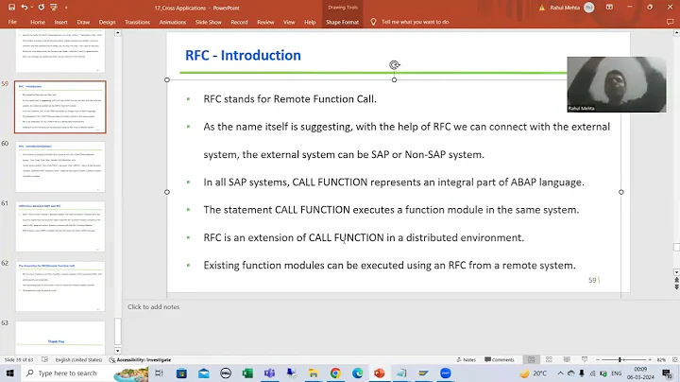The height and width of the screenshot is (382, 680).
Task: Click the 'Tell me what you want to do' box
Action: tap(422, 21)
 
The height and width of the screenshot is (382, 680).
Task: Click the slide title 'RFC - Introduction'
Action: tap(243, 55)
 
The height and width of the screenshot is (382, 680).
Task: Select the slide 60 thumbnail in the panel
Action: tap(60, 165)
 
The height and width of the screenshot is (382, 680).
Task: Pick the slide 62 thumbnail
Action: tap(60, 286)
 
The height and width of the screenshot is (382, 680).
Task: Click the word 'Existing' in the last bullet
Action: tap(223, 265)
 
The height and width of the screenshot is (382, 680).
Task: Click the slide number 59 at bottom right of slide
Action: tap(592, 280)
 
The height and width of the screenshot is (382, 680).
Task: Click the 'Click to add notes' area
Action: tap(153, 306)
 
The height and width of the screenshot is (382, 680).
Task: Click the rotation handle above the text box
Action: tap(394, 65)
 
